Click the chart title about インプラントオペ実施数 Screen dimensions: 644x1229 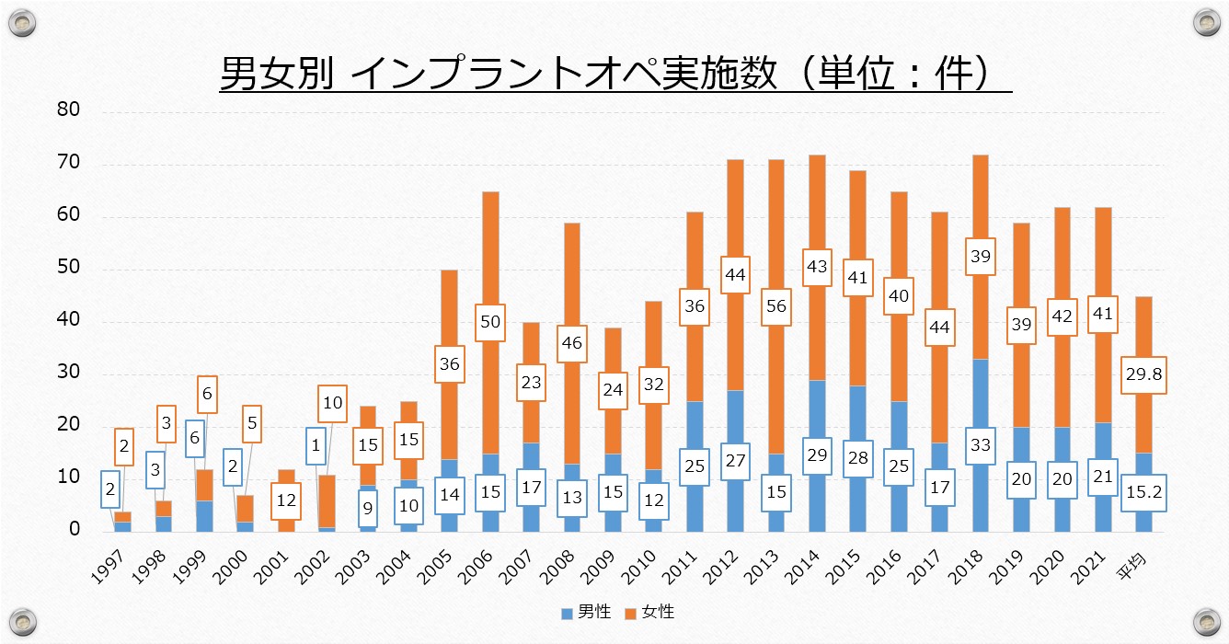pyautogui.click(x=614, y=74)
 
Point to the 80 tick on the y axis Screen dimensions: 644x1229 pyautogui.click(x=70, y=110)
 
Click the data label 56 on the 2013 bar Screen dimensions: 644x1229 pyautogui.click(x=775, y=305)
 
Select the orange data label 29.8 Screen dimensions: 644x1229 pyautogui.click(x=1143, y=375)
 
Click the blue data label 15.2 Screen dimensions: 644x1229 pyautogui.click(x=1143, y=492)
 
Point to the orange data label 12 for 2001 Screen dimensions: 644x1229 pyautogui.click(x=286, y=501)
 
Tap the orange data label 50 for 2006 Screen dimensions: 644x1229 pyautogui.click(x=489, y=322)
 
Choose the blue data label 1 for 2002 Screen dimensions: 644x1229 pyautogui.click(x=316, y=446)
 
